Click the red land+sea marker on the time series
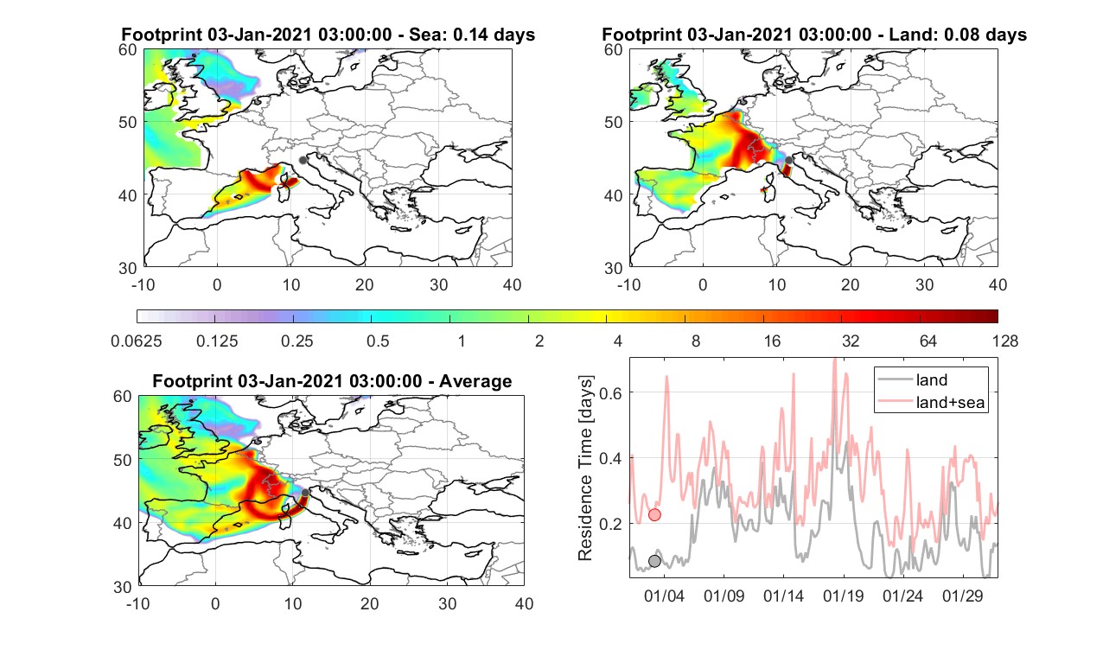click(x=654, y=515)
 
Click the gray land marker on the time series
click(x=654, y=561)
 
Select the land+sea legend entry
click(x=932, y=403)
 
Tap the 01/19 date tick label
click(x=843, y=596)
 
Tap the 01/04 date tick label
click(x=664, y=596)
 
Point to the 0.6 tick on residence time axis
click(x=609, y=393)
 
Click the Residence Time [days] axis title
click(x=585, y=468)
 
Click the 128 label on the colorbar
click(x=1005, y=341)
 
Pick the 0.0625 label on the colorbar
click(x=137, y=341)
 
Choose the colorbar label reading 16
click(x=772, y=341)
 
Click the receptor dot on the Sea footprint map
click(x=303, y=160)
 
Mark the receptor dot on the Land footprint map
click(x=788, y=160)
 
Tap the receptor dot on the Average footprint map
click(x=305, y=493)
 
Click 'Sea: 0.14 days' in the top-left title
click(x=472, y=35)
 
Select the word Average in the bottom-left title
click(x=475, y=381)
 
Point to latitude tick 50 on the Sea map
click(x=128, y=122)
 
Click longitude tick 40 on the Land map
click(x=998, y=284)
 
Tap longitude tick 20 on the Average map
click(x=369, y=603)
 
